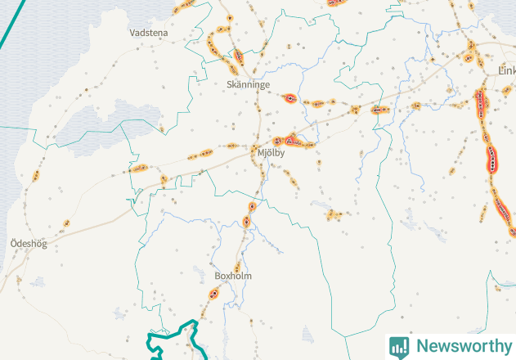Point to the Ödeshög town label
28,244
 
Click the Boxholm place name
233,277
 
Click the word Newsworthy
461,345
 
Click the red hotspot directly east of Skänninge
289,99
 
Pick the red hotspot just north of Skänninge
239,56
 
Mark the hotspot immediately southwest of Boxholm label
214,292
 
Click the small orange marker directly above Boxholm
238,266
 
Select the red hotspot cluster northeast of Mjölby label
291,140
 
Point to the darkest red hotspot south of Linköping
492,158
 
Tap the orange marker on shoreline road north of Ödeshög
36,176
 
